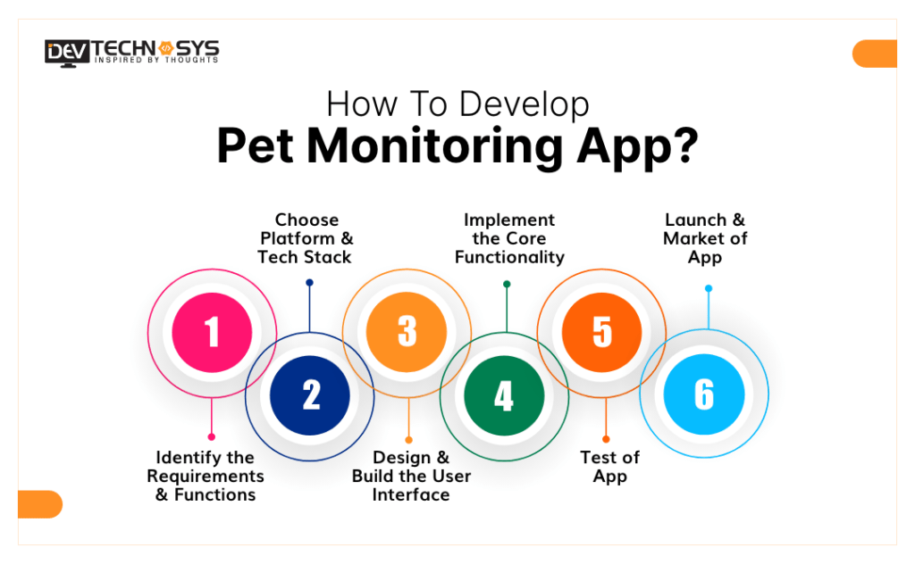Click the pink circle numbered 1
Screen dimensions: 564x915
tap(212, 332)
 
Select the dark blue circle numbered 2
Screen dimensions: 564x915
tap(310, 395)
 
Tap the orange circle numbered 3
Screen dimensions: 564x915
tap(407, 332)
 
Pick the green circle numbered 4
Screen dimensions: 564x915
tap(504, 395)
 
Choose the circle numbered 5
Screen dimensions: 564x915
tap(601, 332)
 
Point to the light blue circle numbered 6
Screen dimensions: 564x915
tap(704, 395)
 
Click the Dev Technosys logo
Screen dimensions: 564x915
tap(131, 51)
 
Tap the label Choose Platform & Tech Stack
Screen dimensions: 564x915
tap(306, 238)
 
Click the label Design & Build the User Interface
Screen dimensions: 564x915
tap(411, 477)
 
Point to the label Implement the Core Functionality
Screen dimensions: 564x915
tap(509, 238)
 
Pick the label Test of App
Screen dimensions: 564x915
tap(609, 467)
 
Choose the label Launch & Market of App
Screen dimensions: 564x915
tap(705, 238)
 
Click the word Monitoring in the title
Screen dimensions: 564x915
tap(424, 148)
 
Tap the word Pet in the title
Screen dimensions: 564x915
tap(254, 148)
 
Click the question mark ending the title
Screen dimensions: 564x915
tap(683, 148)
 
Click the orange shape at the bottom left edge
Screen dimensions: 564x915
tap(40, 504)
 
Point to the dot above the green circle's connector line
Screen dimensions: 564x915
tap(507, 285)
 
